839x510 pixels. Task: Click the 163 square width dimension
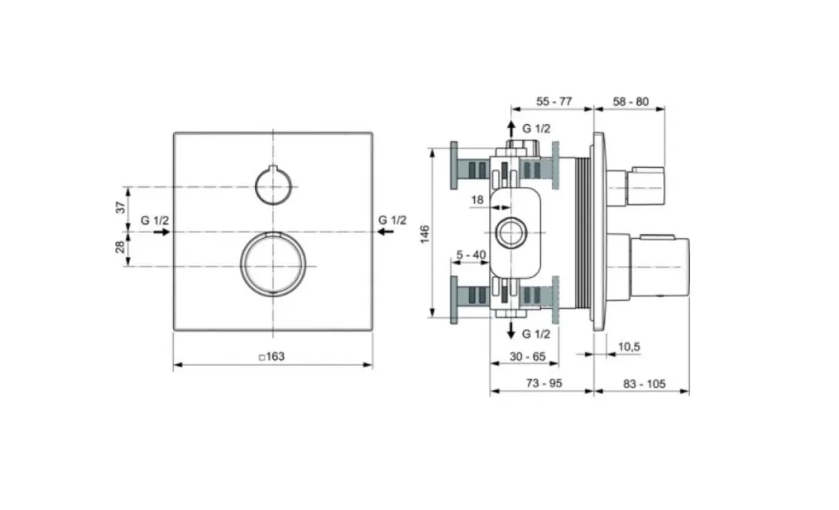[272, 356]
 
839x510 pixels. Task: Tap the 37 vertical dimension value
[121, 207]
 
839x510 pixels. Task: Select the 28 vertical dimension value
[121, 246]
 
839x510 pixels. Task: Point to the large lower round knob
[273, 263]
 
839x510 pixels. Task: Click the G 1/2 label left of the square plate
[154, 220]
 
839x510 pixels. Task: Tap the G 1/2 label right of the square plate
[393, 220]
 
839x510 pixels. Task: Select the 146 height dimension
[425, 234]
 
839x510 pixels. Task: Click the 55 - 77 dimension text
[554, 101]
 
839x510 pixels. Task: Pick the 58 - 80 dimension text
[631, 101]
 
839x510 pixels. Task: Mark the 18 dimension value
[477, 200]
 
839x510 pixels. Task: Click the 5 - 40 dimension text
[471, 255]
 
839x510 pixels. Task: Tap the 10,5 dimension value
[629, 347]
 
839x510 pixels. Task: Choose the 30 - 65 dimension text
[527, 356]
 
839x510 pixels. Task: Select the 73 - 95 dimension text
[544, 383]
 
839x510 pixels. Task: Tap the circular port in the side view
[512, 233]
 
